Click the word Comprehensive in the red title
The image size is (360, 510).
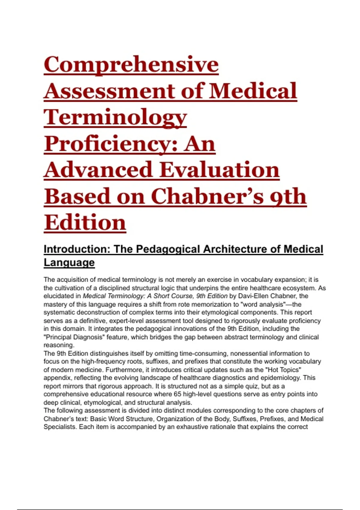(x=131, y=64)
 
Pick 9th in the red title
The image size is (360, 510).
(x=288, y=196)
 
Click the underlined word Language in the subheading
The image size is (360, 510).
(x=69, y=262)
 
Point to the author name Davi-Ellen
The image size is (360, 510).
(x=252, y=296)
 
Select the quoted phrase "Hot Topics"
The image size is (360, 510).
(x=284, y=370)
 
